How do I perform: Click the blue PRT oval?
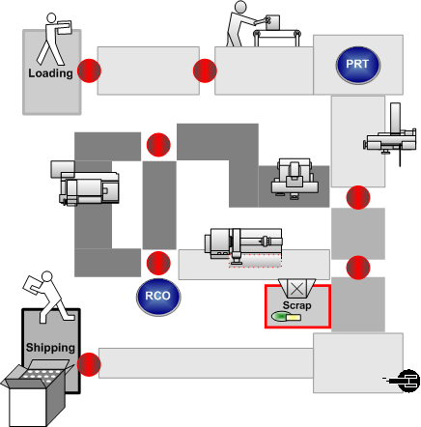tap(358, 65)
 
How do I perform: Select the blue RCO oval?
tap(158, 297)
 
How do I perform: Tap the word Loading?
tap(50, 73)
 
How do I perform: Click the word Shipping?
tap(50, 348)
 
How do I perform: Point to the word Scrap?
tap(296, 305)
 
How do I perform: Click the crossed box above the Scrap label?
tap(296, 288)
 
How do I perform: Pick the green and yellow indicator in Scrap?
tap(286, 317)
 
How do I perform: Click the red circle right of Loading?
tap(89, 71)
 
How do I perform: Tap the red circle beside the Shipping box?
tap(89, 364)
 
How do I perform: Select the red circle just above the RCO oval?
tap(158, 263)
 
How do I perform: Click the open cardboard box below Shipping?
tap(35, 393)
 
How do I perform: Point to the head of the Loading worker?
tap(51, 18)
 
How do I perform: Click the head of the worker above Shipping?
tap(47, 276)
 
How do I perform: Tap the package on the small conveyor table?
tap(272, 22)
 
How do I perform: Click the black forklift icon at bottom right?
tap(404, 381)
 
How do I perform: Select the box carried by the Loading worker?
tap(65, 28)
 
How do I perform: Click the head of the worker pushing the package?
tap(240, 7)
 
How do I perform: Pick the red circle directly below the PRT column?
tap(358, 197)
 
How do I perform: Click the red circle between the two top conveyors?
tap(205, 71)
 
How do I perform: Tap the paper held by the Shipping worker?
tap(32, 284)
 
